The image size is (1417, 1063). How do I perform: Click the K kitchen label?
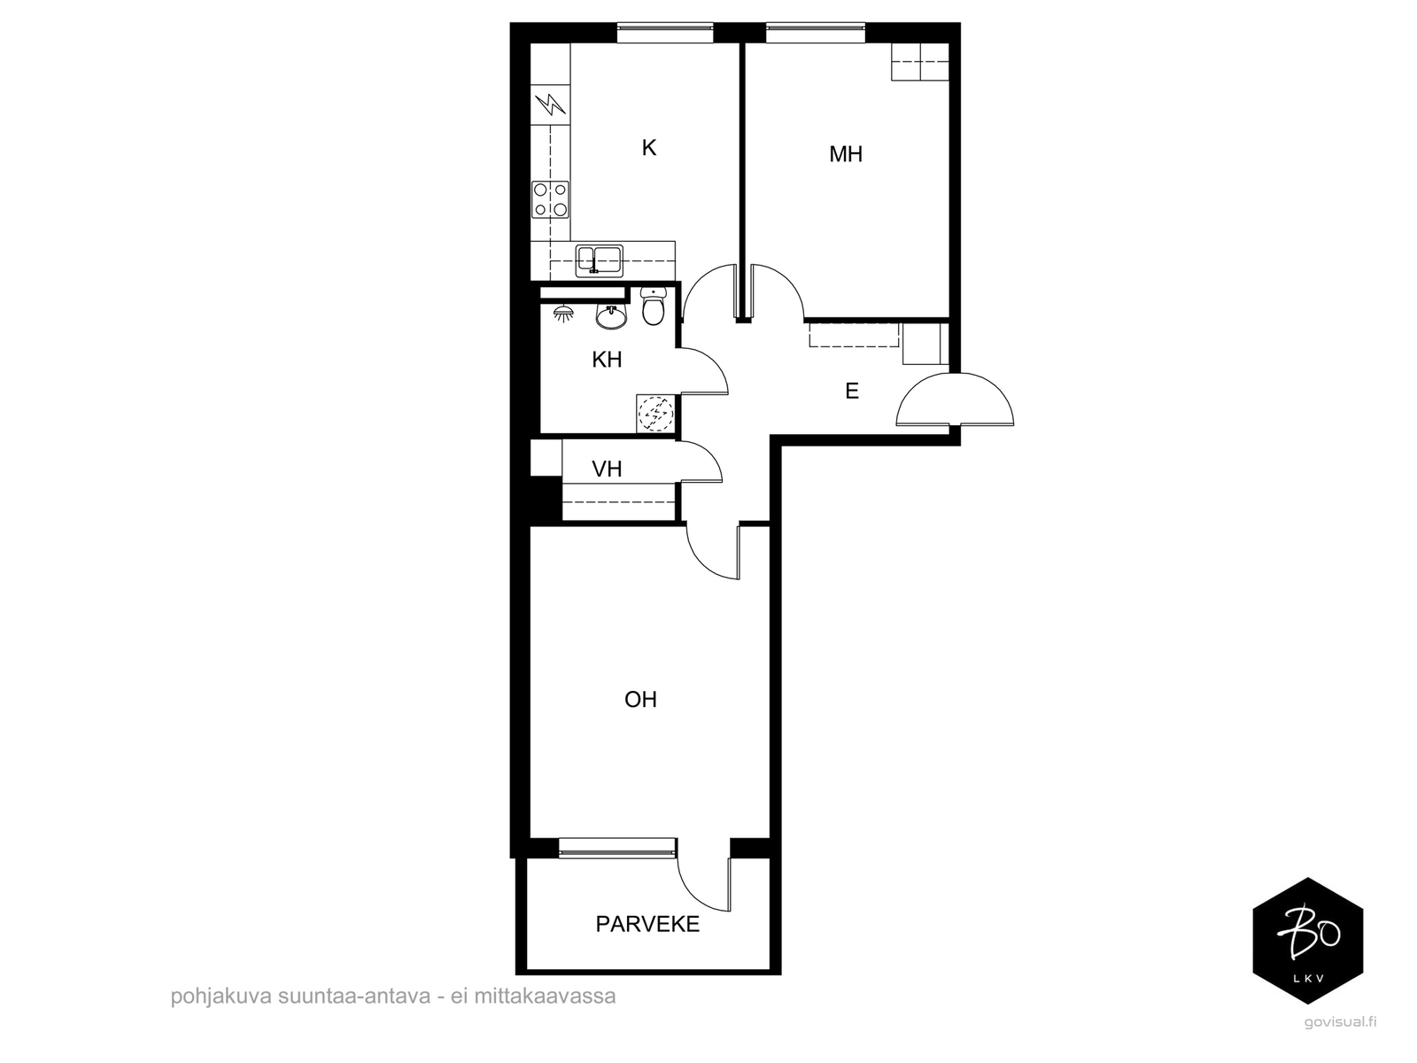649,148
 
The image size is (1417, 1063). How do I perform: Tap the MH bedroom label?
846,154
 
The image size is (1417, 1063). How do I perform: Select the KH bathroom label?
607,360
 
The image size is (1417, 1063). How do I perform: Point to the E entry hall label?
852,391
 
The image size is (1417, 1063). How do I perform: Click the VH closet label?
607,469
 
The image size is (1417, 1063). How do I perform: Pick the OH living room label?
640,700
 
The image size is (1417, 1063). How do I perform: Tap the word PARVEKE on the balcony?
647,924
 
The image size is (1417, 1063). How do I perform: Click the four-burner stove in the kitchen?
551,199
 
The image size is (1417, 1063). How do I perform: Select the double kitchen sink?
599,260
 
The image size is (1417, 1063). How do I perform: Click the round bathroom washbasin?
611,316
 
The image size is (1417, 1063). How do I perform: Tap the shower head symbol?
564,314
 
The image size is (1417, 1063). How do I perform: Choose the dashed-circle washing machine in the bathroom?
656,413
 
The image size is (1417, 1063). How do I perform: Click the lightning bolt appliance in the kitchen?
551,105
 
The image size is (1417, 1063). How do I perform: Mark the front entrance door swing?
955,399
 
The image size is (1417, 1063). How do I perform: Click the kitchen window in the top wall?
665,33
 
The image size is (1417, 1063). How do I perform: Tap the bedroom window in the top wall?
816,33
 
